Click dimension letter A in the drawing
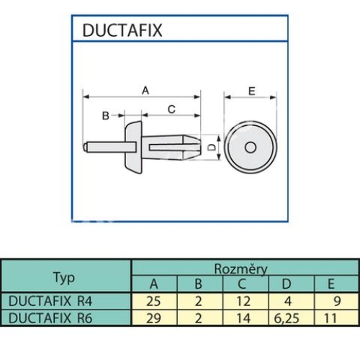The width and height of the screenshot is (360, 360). pyautogui.click(x=144, y=90)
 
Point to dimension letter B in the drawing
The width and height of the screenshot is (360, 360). pyautogui.click(x=104, y=115)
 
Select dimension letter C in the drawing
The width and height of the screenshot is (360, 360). pyautogui.click(x=171, y=109)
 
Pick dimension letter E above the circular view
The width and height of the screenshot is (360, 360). pyautogui.click(x=251, y=91)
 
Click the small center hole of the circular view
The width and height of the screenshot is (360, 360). pyautogui.click(x=250, y=147)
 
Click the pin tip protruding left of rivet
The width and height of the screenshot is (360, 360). pyautogui.click(x=89, y=147)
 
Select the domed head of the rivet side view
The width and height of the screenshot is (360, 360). pyautogui.click(x=132, y=147)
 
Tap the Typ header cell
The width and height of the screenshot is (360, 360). pyautogui.click(x=66, y=276)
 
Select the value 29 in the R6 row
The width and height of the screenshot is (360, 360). pyautogui.click(x=153, y=317)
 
